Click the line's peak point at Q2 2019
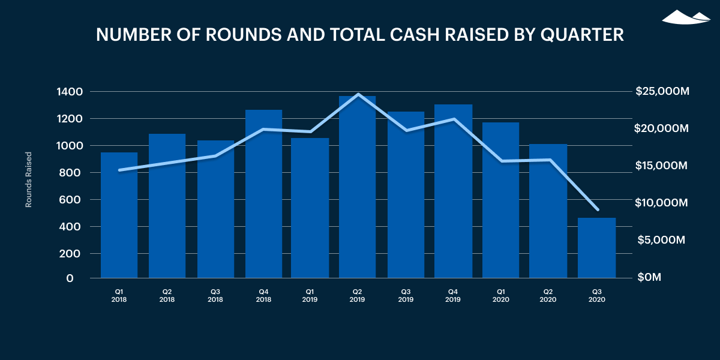(358, 94)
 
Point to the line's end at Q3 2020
(597, 209)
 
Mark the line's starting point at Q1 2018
(119, 170)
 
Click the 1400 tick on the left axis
(70, 92)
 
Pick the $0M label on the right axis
(649, 278)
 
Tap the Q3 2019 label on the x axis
(406, 295)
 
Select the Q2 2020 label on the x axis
(548, 295)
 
